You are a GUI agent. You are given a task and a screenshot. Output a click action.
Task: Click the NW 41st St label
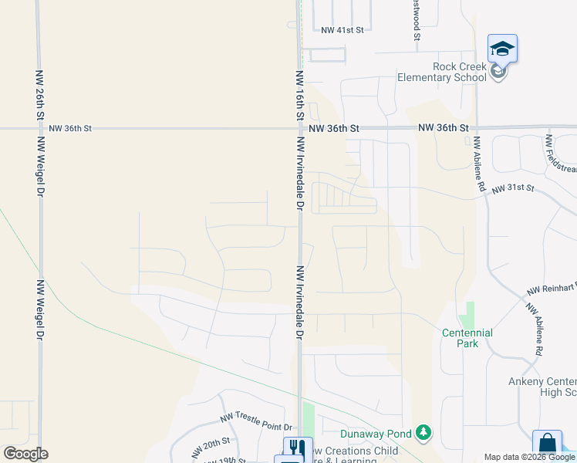tap(342, 31)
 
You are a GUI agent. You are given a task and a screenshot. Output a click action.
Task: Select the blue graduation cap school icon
tap(502, 49)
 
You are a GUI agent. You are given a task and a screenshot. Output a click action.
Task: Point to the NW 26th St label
tap(39, 93)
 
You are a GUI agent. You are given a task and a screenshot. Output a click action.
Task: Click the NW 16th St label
tap(300, 95)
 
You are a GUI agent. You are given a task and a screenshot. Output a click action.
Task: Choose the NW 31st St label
tap(513, 188)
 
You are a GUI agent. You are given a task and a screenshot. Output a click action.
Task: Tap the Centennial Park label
tap(467, 338)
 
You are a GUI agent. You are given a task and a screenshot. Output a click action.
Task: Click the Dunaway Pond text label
tap(376, 433)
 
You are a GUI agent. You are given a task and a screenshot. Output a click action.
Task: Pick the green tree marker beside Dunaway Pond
tap(423, 433)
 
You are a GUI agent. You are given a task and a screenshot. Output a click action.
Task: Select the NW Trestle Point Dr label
tap(257, 422)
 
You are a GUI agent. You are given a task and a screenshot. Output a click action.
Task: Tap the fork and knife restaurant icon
tap(297, 448)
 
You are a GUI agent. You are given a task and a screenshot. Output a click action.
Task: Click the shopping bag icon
tap(547, 444)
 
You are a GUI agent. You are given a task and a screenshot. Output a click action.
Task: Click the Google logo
tap(25, 454)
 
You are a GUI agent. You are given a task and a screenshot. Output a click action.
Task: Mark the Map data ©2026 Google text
tap(529, 457)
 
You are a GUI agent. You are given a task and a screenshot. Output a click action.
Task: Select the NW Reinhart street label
tap(552, 289)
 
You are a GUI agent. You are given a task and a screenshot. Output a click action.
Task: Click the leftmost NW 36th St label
tap(70, 128)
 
